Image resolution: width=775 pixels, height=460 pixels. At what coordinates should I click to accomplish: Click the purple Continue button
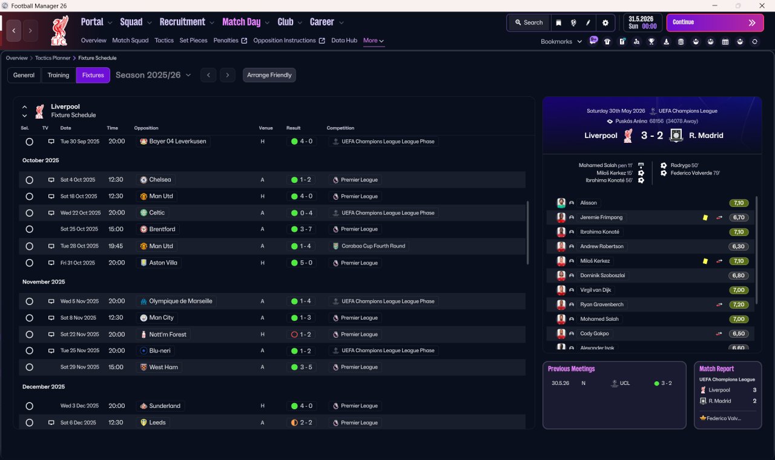(x=715, y=22)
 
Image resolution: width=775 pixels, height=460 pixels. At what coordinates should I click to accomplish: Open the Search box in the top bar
(x=529, y=22)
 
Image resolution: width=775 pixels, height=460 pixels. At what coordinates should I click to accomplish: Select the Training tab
(x=58, y=75)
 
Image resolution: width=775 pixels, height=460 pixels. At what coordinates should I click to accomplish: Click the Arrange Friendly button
(x=269, y=75)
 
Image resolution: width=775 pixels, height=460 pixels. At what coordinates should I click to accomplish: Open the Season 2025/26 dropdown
(x=153, y=75)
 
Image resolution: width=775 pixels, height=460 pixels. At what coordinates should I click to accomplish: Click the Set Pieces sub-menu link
(x=193, y=41)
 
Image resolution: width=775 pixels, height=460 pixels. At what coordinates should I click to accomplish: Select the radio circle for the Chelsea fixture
(x=30, y=180)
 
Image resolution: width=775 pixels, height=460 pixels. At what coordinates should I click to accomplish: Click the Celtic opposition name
(x=157, y=212)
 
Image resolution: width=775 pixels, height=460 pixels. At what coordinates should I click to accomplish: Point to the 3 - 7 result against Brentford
(x=306, y=229)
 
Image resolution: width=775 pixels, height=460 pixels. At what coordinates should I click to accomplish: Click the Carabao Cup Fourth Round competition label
(x=373, y=246)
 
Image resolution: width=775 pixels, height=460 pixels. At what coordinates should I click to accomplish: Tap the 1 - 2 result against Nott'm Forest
(x=305, y=335)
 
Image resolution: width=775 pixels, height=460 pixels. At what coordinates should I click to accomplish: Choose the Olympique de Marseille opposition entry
(x=180, y=301)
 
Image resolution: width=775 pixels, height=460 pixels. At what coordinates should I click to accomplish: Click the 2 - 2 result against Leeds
(x=306, y=422)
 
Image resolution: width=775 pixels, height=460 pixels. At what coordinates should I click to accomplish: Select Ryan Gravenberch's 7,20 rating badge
(x=739, y=304)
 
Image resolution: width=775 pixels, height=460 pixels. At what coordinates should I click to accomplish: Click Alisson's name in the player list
(x=588, y=203)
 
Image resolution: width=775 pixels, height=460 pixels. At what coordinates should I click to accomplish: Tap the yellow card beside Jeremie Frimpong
(x=705, y=217)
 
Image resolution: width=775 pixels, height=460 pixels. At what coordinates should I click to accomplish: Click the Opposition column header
(x=146, y=128)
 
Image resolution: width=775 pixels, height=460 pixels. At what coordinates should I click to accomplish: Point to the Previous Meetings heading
(x=571, y=369)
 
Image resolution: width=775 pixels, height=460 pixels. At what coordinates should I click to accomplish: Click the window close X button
(x=762, y=5)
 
